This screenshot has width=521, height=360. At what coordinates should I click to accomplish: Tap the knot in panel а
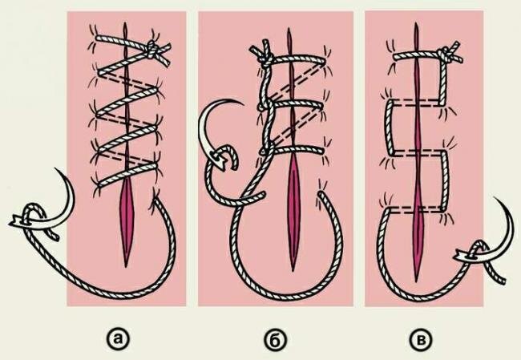coord(152,49)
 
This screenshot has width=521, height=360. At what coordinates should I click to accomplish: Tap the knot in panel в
coord(445,55)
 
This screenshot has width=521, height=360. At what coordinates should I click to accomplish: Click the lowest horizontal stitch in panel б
coord(294,150)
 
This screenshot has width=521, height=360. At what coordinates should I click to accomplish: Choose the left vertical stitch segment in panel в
coord(390,127)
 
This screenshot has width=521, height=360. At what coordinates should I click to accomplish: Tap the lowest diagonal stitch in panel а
coord(127,174)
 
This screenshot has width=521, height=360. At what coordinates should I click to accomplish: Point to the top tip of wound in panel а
coord(125,23)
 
